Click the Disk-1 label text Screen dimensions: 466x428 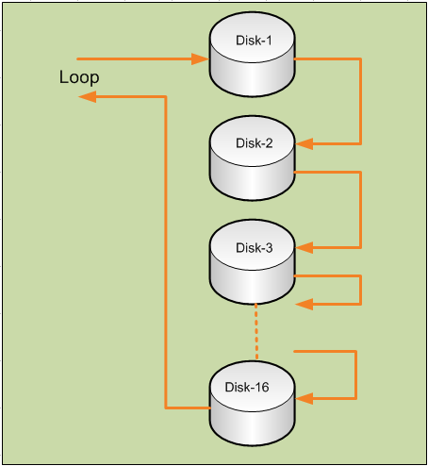click(x=253, y=40)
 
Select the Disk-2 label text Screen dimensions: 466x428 click(x=253, y=143)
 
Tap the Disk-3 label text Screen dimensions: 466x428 click(x=253, y=248)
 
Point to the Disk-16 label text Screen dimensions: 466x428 click(x=247, y=387)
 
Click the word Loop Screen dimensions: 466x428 click(x=79, y=76)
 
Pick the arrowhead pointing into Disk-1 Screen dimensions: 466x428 click(x=199, y=58)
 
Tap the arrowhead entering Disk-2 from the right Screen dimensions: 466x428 click(x=304, y=144)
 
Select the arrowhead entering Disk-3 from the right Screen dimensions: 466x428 click(x=304, y=248)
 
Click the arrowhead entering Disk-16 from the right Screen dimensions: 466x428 click(x=304, y=398)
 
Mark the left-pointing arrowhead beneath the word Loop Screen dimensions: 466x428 click(x=86, y=96)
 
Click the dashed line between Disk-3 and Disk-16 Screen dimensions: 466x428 click(x=255, y=326)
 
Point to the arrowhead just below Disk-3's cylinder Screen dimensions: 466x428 click(x=304, y=304)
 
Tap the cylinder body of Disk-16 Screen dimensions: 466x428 click(x=252, y=420)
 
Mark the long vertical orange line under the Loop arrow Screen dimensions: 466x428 click(x=166, y=255)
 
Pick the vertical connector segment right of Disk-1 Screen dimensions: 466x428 click(x=361, y=102)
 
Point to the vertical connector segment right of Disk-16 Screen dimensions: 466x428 click(x=355, y=374)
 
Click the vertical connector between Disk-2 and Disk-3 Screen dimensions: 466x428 click(x=361, y=209)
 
